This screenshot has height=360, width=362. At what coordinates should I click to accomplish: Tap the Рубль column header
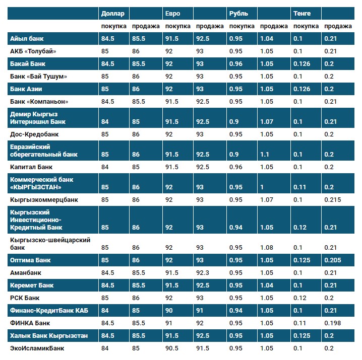pyautogui.click(x=238, y=13)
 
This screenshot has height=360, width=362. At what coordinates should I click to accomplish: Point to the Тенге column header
pyautogui.click(x=301, y=13)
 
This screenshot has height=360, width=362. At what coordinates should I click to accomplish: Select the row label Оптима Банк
pyautogui.click(x=31, y=260)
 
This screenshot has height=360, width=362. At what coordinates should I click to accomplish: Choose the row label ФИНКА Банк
pyautogui.click(x=30, y=323)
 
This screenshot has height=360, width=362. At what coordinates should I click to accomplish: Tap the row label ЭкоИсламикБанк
pyautogui.click(x=37, y=348)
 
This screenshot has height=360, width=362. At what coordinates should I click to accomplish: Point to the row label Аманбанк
pyautogui.click(x=25, y=272)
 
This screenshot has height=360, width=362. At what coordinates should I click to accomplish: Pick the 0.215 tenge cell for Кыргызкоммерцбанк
pyautogui.click(x=332, y=200)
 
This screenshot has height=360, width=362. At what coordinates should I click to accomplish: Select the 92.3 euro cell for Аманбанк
pyautogui.click(x=203, y=272)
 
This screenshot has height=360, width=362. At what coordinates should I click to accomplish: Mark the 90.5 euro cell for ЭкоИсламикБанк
pyautogui.click(x=172, y=348)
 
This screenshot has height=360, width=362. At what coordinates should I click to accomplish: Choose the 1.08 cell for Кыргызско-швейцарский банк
pyautogui.click(x=267, y=247)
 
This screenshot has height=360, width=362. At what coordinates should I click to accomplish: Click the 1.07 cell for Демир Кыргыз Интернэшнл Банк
pyautogui.click(x=267, y=122)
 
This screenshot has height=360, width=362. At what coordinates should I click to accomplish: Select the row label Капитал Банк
pyautogui.click(x=31, y=167)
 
